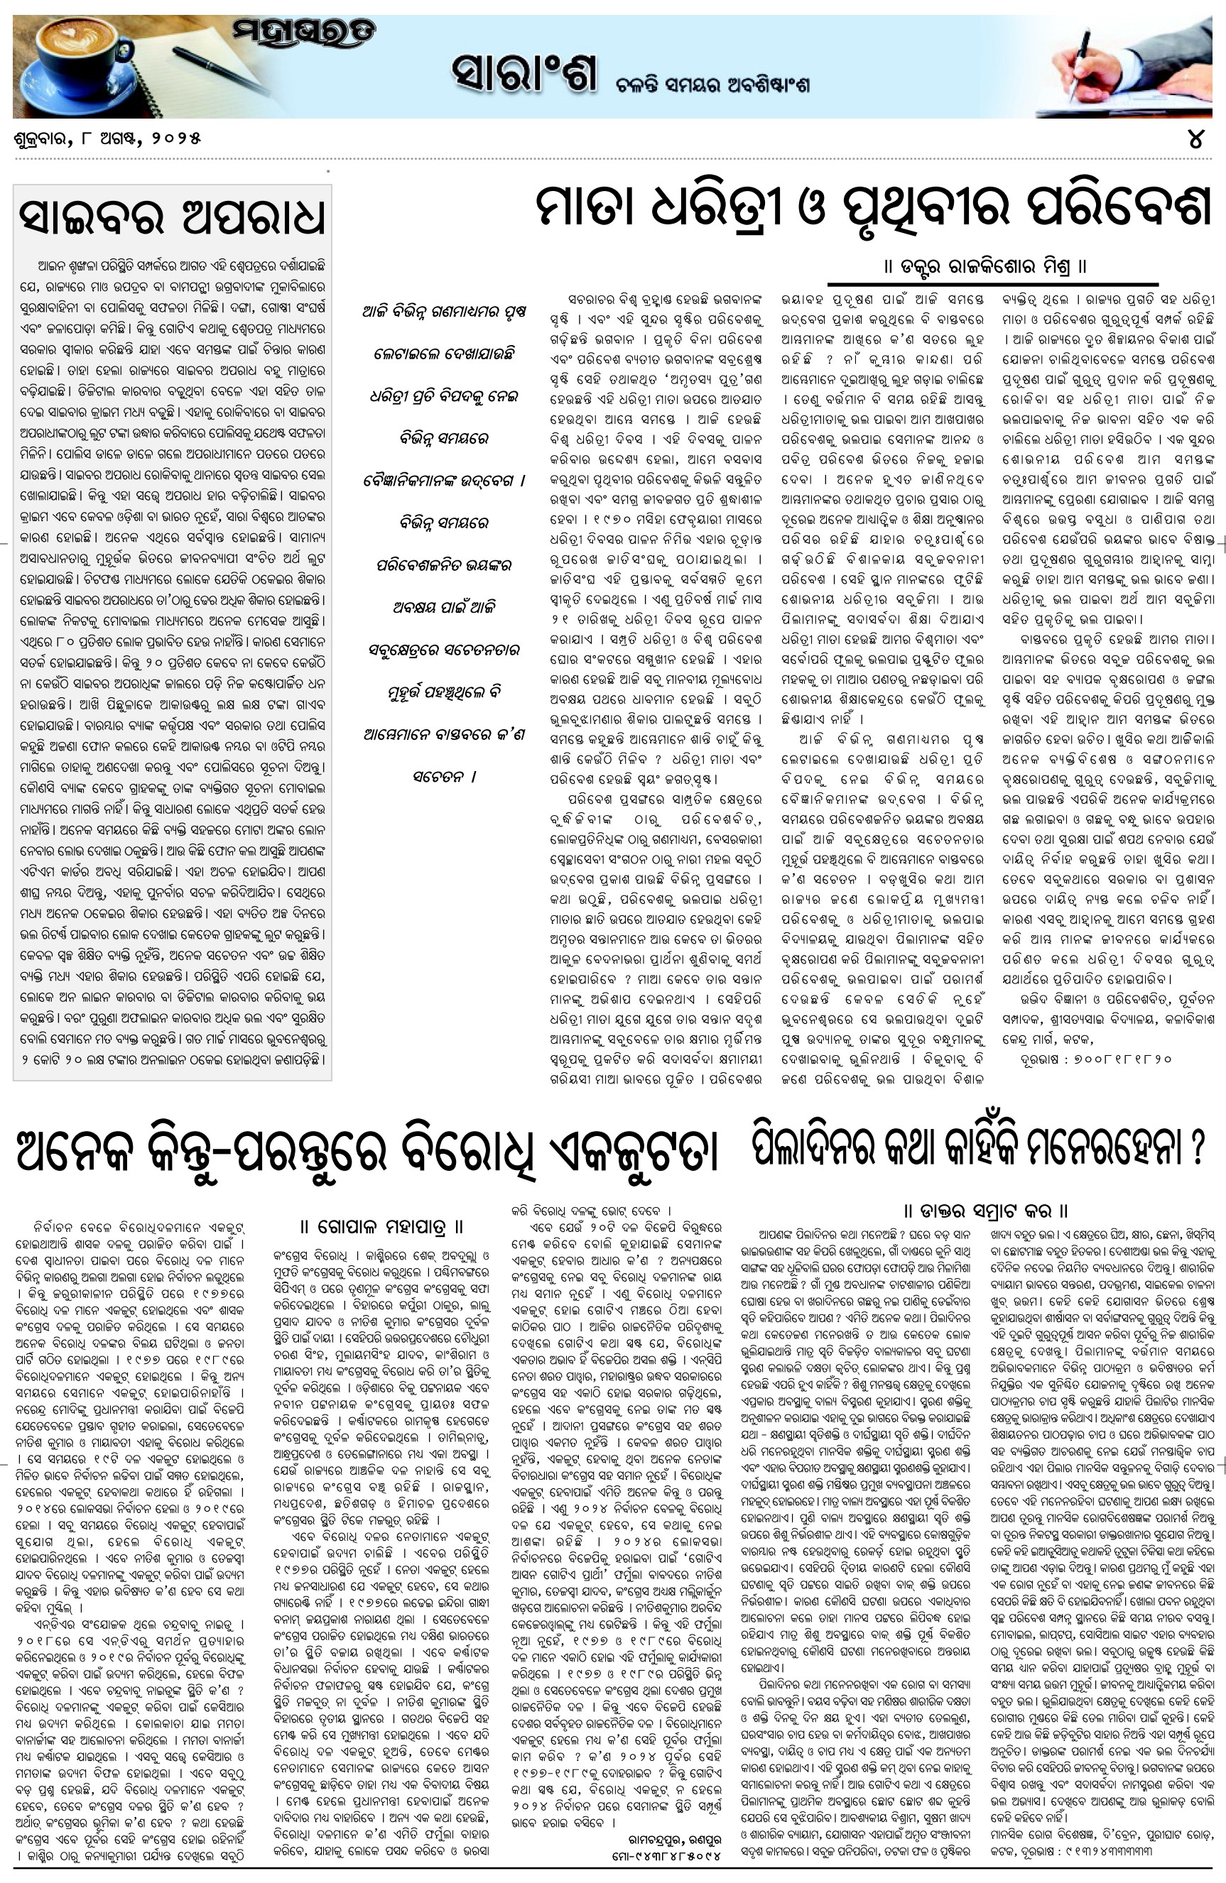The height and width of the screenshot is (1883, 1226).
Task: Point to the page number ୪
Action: [x=1196, y=139]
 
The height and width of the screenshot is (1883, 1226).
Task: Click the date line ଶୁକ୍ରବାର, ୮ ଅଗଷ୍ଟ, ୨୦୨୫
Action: [x=107, y=138]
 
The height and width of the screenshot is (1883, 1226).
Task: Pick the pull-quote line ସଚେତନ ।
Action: [x=444, y=776]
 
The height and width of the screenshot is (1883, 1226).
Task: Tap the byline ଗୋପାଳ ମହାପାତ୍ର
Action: [x=382, y=1227]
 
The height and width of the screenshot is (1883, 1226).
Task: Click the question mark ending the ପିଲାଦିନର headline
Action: [x=1197, y=1147]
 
